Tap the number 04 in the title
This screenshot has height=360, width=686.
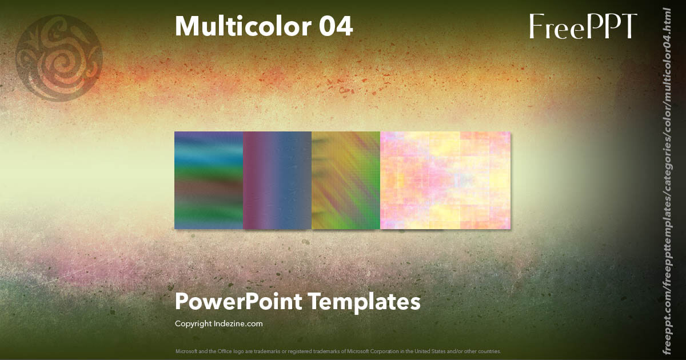pos(336,27)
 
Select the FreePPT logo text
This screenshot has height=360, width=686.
pos(583,27)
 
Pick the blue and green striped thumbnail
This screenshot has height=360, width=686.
pos(209,181)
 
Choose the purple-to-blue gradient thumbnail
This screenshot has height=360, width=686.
pos(277,181)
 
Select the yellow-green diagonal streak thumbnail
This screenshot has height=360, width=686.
pos(346,181)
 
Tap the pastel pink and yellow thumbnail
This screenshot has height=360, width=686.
pos(445,181)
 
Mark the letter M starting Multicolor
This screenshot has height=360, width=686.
pos(186,27)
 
